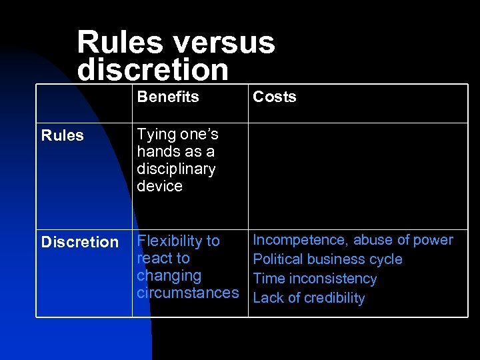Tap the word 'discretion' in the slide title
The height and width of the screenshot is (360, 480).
153,69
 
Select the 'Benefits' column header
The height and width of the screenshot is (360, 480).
168,97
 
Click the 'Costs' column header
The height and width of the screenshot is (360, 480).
274,97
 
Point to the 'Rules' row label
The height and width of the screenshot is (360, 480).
62,135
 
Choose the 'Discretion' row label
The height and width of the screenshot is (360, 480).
79,242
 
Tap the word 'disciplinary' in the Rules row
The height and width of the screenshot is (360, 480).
176,169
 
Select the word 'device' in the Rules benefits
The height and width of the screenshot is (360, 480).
159,186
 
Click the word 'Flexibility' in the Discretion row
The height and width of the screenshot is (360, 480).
169,241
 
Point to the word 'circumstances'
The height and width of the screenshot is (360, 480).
187,293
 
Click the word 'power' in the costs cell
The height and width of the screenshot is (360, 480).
433,240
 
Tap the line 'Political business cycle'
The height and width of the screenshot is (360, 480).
327,259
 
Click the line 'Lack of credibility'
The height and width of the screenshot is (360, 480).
309,298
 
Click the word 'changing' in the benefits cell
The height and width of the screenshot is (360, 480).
169,275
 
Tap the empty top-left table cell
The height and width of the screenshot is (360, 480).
83,103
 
